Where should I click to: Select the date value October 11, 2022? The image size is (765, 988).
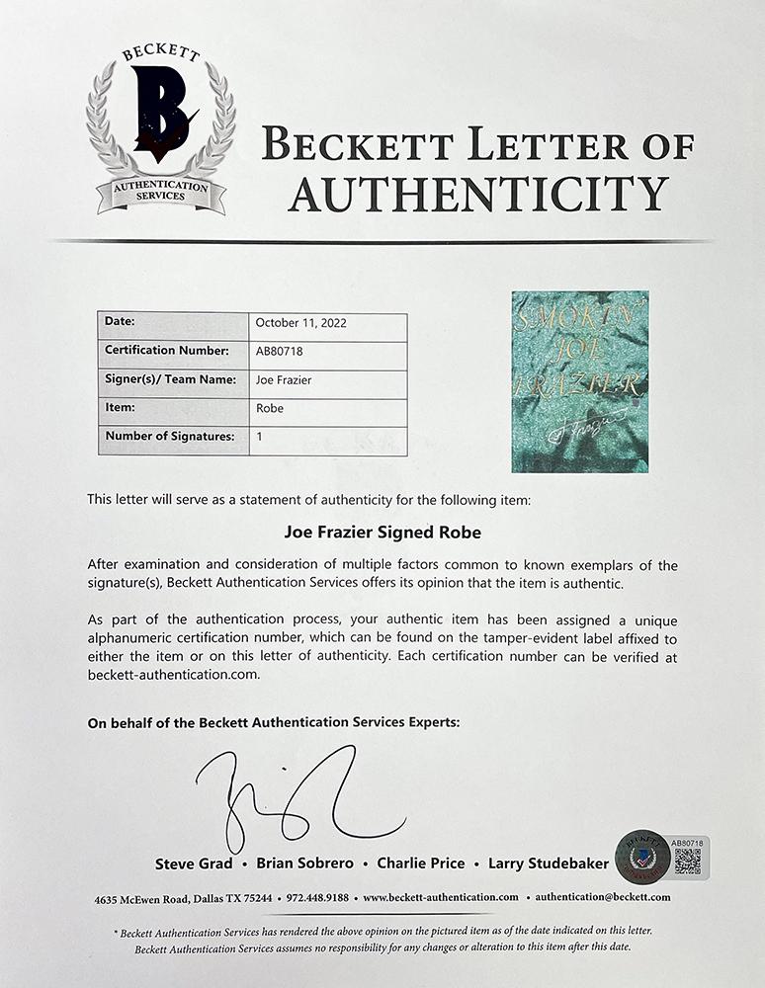300,323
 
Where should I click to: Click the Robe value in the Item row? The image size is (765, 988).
270,407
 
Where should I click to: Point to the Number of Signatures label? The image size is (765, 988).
169,436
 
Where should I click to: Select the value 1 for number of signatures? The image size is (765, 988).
258,436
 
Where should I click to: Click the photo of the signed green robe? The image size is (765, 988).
580,381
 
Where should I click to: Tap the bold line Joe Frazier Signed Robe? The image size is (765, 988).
382,533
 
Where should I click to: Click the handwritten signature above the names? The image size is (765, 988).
297,795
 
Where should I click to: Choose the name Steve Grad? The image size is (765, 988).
194,864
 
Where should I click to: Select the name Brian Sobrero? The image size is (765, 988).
304,864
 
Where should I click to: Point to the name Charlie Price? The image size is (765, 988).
421,864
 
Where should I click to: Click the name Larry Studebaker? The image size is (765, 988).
549,864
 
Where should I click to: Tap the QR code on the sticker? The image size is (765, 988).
688,861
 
